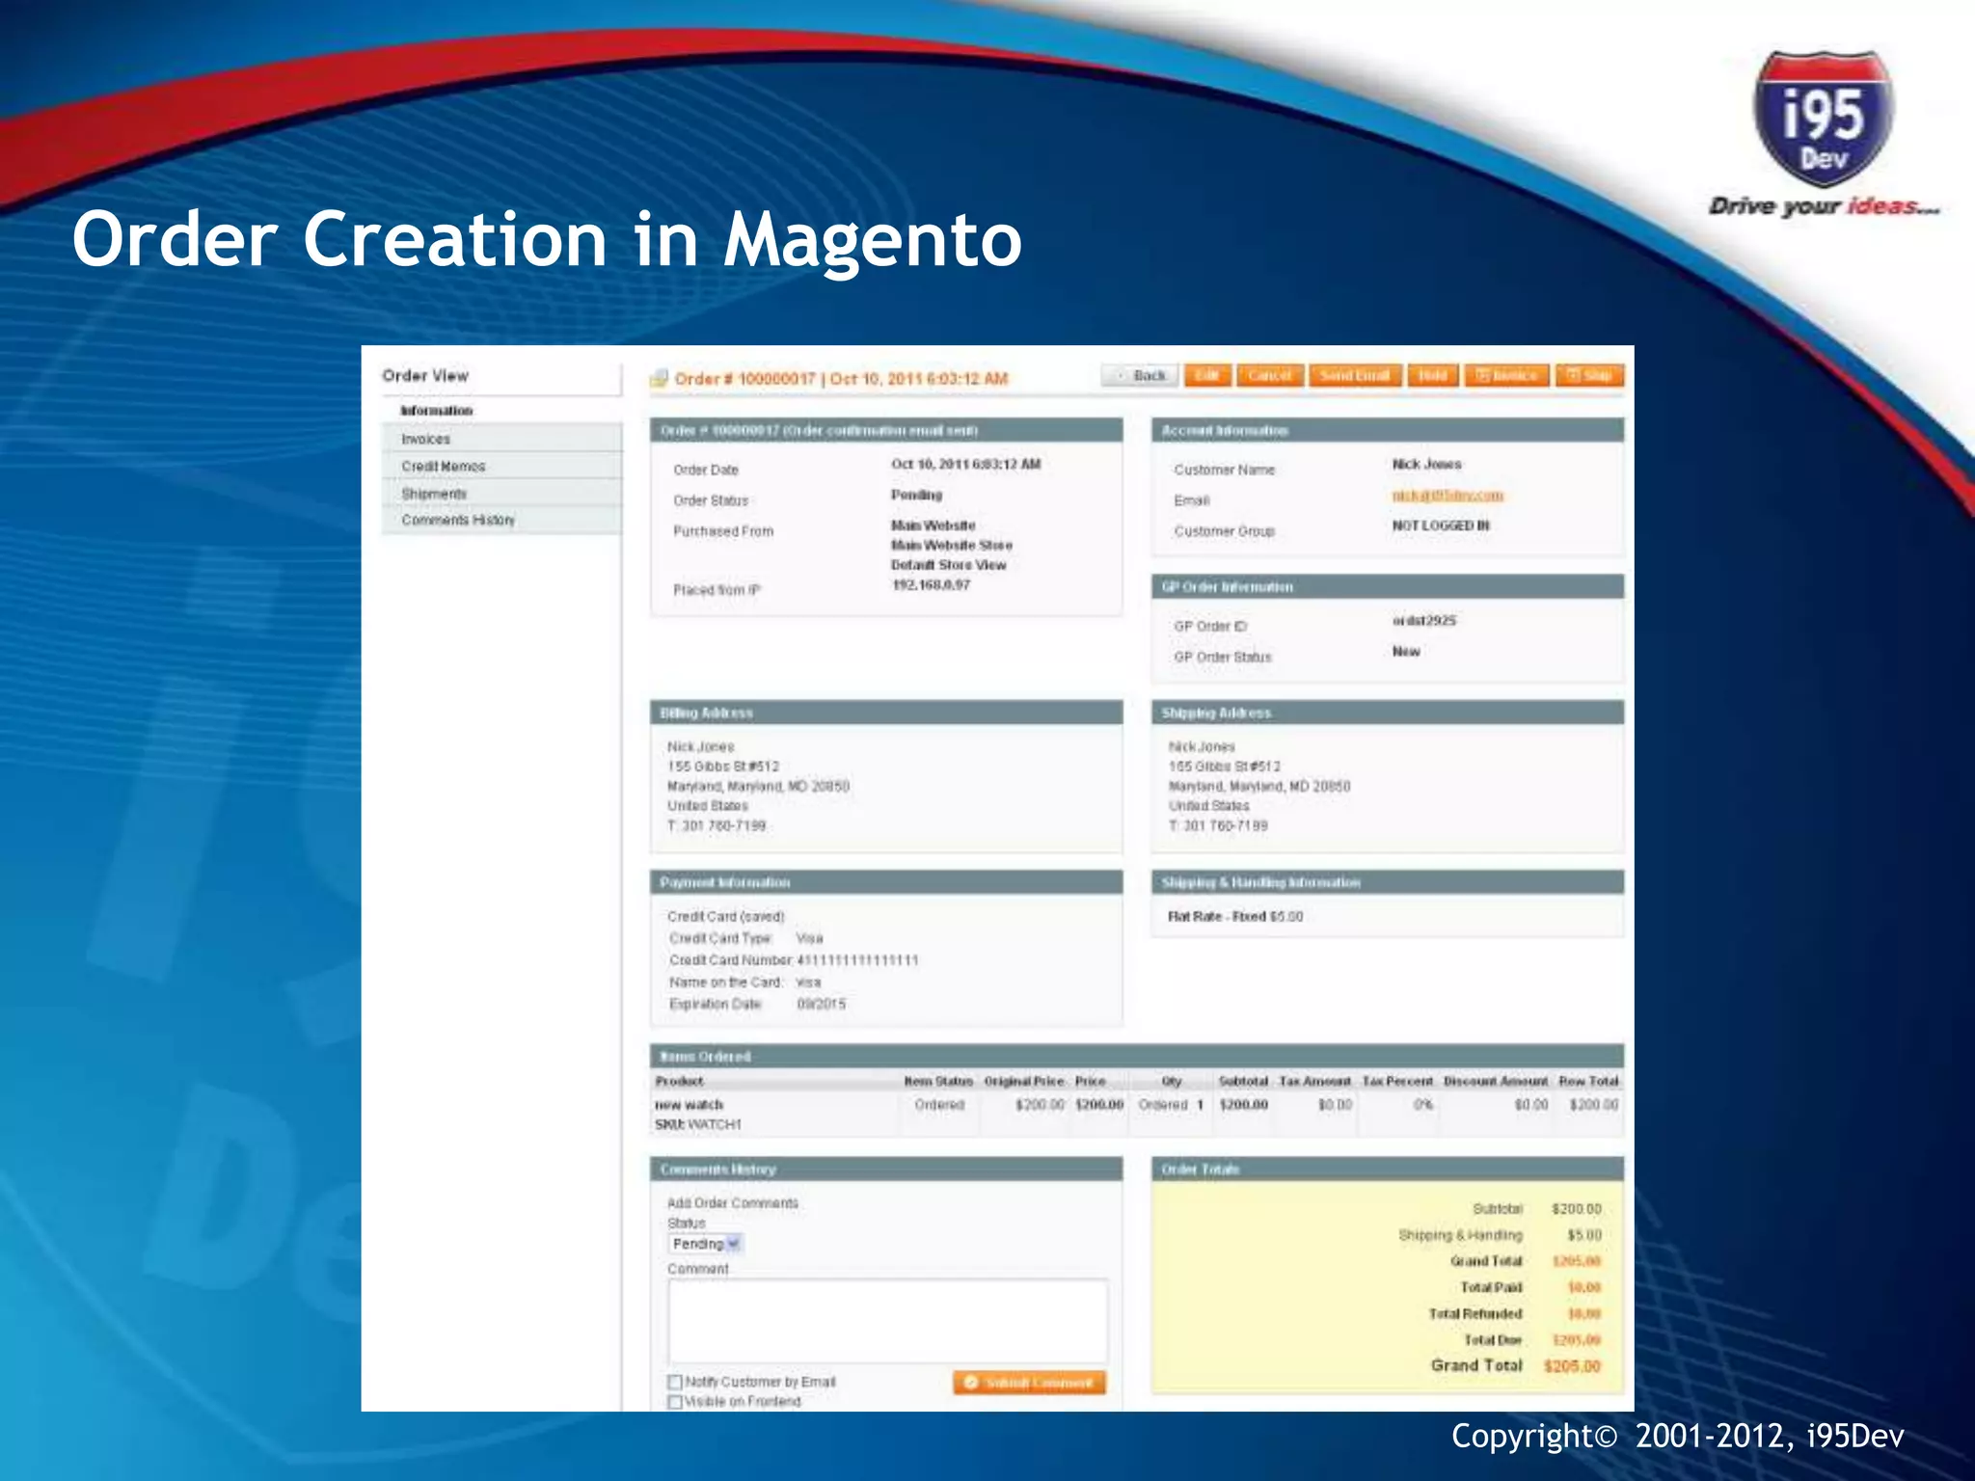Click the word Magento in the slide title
(873, 241)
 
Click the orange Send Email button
(1354, 376)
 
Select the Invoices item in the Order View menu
(426, 439)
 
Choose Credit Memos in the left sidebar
(444, 466)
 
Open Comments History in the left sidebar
(458, 520)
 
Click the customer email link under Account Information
(1447, 496)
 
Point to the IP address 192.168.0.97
(931, 584)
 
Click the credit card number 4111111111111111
(857, 960)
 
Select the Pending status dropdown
(705, 1244)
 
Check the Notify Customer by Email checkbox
(675, 1382)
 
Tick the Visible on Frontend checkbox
(675, 1402)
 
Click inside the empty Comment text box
(887, 1321)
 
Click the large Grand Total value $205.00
(1571, 1366)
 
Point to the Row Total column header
(1587, 1081)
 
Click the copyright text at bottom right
(1677, 1436)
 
